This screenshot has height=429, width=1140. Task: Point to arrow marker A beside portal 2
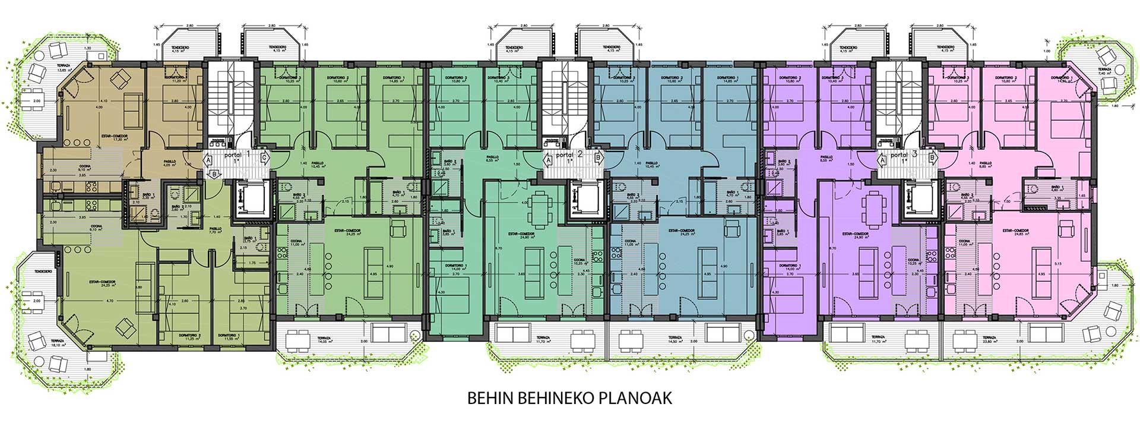pyautogui.click(x=549, y=159)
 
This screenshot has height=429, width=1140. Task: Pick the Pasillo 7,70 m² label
pyautogui.click(x=215, y=230)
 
